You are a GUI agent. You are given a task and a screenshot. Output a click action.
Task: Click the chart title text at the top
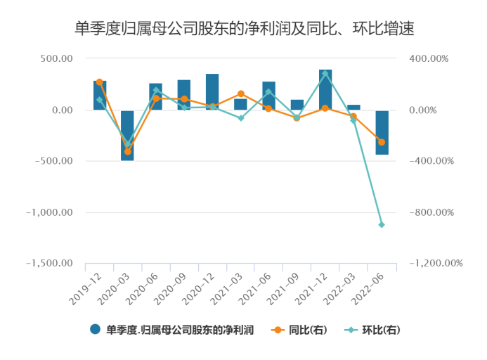[243, 29]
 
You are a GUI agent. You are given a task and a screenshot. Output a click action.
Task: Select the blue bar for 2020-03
[127, 135]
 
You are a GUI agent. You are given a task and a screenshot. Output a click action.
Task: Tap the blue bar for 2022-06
[382, 132]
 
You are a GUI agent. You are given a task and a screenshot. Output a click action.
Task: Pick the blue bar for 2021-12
[325, 89]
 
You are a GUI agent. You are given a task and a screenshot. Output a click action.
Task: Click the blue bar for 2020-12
[212, 91]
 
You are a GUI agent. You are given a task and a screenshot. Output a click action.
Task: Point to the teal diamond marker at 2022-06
[382, 225]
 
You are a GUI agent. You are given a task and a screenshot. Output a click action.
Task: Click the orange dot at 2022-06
[382, 142]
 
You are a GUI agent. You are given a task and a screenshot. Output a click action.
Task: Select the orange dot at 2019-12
[99, 82]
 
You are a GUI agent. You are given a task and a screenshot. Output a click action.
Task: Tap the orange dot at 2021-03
[240, 94]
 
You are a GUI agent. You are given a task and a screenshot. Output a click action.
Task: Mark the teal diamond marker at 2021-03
[240, 118]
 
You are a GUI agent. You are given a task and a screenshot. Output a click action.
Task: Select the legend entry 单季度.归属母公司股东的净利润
[172, 329]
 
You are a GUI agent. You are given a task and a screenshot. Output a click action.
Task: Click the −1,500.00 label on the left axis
[51, 264]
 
